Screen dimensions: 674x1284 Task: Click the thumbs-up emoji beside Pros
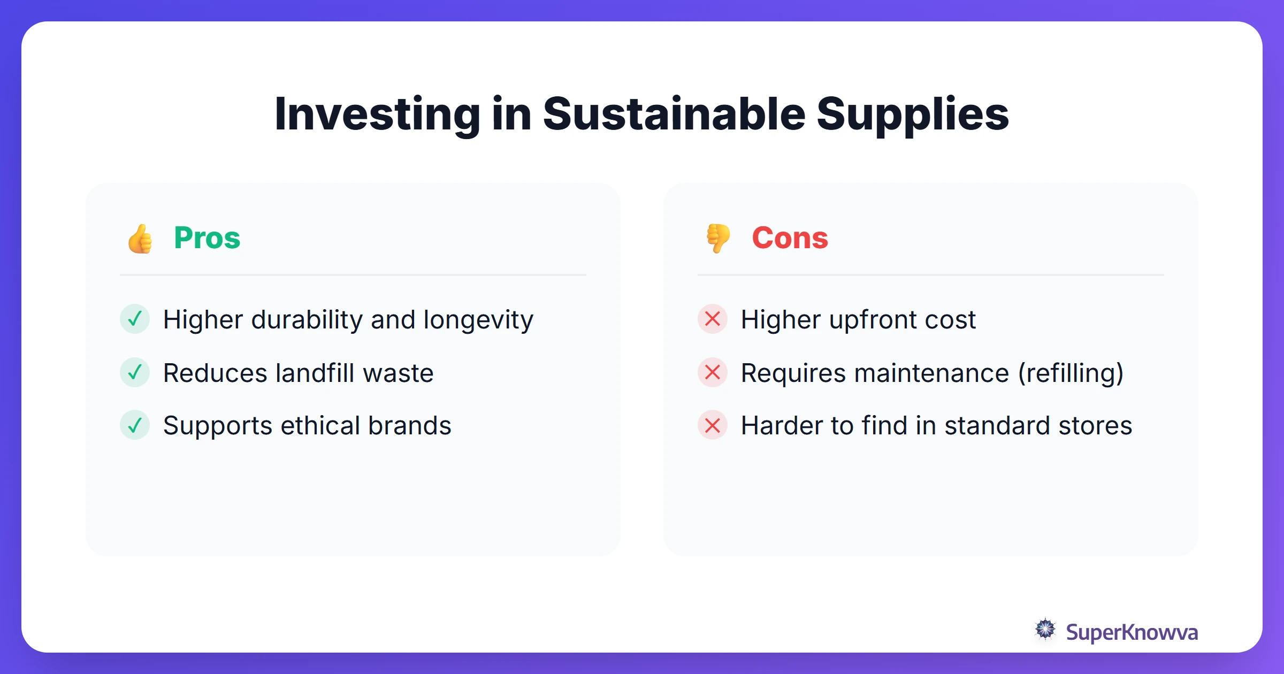(x=140, y=239)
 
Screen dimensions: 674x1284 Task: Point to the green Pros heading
(x=207, y=238)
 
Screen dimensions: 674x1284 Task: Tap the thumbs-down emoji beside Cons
(x=718, y=239)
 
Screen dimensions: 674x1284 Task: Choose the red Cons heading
(x=790, y=238)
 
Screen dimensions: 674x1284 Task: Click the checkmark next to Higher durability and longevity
(x=135, y=319)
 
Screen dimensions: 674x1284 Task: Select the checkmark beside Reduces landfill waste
(x=135, y=372)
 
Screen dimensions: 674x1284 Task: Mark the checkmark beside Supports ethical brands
(x=135, y=425)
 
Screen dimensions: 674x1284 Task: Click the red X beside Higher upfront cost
(x=713, y=319)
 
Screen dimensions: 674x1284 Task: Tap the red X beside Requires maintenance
(x=713, y=372)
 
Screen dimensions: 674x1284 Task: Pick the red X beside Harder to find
(x=713, y=425)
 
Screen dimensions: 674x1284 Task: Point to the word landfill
(x=315, y=373)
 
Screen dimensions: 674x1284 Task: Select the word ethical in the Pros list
(x=320, y=426)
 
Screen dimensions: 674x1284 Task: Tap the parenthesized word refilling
(x=1071, y=373)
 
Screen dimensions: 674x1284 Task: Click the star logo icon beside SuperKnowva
(x=1045, y=630)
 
